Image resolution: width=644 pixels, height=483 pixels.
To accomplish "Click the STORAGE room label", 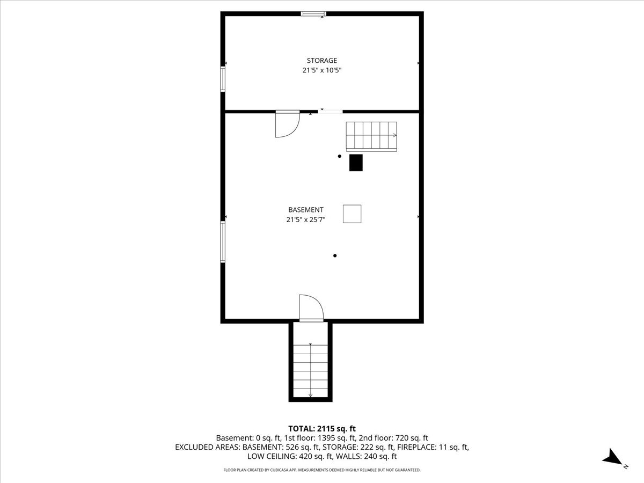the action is point(322,61).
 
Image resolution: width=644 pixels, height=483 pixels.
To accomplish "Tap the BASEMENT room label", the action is point(306,210).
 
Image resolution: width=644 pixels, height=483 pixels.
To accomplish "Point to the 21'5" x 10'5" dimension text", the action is point(322,70).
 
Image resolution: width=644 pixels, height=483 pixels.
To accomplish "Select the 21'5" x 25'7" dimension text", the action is point(306,219).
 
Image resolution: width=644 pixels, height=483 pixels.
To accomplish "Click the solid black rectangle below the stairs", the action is point(356,163).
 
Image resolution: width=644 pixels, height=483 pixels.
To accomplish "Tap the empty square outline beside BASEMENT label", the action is point(352,214).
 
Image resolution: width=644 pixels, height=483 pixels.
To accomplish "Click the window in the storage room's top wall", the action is point(313,14).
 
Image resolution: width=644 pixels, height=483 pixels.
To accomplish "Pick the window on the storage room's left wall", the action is point(223,79).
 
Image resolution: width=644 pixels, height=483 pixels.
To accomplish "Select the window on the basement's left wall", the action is point(223,242).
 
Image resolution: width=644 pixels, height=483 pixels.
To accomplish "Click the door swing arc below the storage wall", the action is point(296,129).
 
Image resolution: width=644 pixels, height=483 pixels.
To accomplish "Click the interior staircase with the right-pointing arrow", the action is point(371,137).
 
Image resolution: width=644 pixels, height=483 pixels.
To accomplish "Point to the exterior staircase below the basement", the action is point(310,371).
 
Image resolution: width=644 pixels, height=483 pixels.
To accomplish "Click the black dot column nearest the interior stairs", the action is point(340,156).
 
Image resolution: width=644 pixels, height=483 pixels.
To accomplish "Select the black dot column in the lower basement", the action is point(335,256).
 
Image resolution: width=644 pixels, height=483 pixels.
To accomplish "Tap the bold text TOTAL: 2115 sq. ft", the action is point(322,429).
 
